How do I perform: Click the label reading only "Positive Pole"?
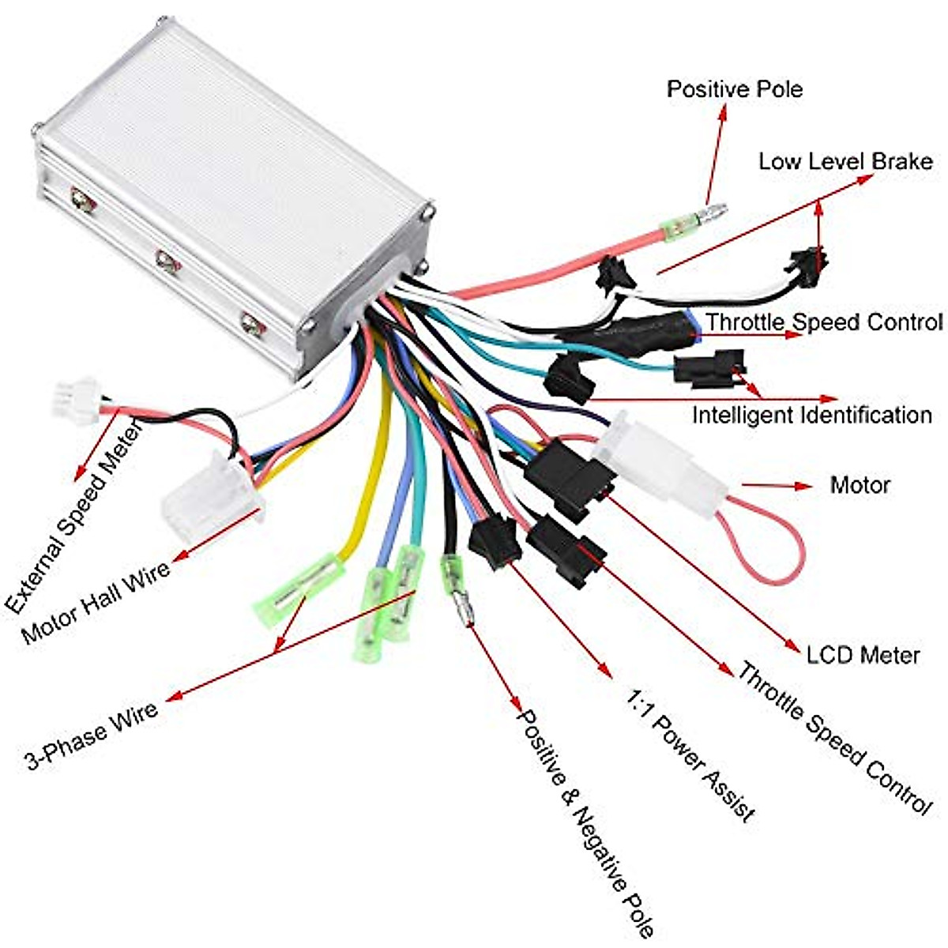point(734,88)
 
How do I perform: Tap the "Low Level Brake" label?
point(845,162)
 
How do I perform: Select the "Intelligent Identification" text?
point(811,415)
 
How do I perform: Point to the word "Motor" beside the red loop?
point(860,484)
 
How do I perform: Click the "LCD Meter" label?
point(863,655)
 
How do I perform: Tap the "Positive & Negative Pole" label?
point(585,822)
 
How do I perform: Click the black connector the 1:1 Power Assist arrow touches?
point(491,543)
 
